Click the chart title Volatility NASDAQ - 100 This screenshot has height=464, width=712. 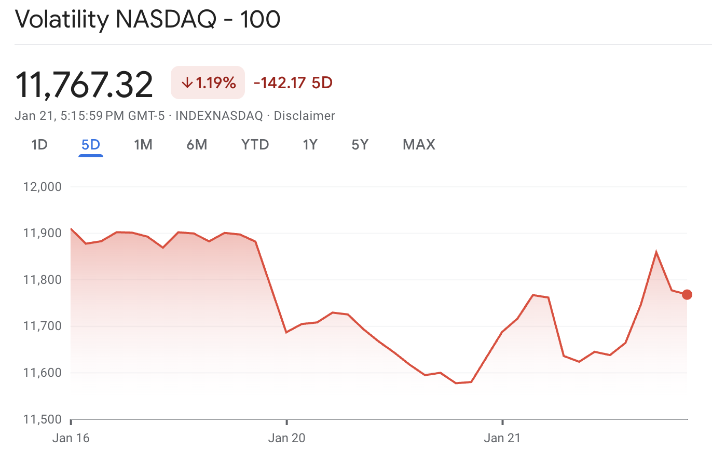pyautogui.click(x=147, y=20)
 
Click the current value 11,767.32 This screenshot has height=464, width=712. pyautogui.click(x=85, y=85)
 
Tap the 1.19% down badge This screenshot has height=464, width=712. pyautogui.click(x=208, y=83)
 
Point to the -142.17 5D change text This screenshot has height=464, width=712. pyautogui.click(x=293, y=83)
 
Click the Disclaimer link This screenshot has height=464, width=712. pyautogui.click(x=304, y=116)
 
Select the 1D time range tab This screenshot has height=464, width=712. pyautogui.click(x=39, y=144)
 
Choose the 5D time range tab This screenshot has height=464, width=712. pyautogui.click(x=91, y=144)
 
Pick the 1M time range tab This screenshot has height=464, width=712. pyautogui.click(x=143, y=144)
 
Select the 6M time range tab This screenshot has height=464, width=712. pyautogui.click(x=197, y=144)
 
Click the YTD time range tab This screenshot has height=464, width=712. pyautogui.click(x=255, y=144)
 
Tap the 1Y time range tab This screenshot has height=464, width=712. pyautogui.click(x=310, y=144)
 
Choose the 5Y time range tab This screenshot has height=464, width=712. pyautogui.click(x=360, y=144)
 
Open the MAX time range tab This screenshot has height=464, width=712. pyautogui.click(x=419, y=144)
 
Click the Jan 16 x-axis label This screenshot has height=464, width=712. pyautogui.click(x=71, y=438)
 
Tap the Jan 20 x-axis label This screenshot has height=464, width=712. pyautogui.click(x=287, y=438)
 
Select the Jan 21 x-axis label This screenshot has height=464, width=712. pyautogui.click(x=502, y=438)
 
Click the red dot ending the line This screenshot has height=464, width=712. pyautogui.click(x=687, y=295)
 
